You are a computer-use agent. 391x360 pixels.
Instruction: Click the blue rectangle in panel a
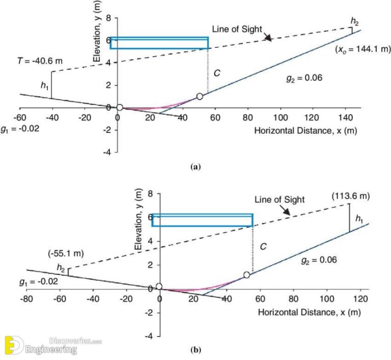coord(159,43)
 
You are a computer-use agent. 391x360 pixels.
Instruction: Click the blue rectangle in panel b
coord(202,220)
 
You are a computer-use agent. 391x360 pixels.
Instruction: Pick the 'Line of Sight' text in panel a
coord(240,30)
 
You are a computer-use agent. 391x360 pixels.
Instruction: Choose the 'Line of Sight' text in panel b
coord(282,200)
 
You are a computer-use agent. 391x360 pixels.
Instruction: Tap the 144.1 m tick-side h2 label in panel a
coord(354,21)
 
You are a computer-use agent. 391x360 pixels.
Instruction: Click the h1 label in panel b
coord(359,219)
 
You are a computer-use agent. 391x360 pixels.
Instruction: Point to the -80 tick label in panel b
coord(27,297)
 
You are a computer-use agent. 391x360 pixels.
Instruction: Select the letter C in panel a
coord(217,73)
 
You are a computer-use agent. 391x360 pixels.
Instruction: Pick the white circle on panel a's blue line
coord(200,96)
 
